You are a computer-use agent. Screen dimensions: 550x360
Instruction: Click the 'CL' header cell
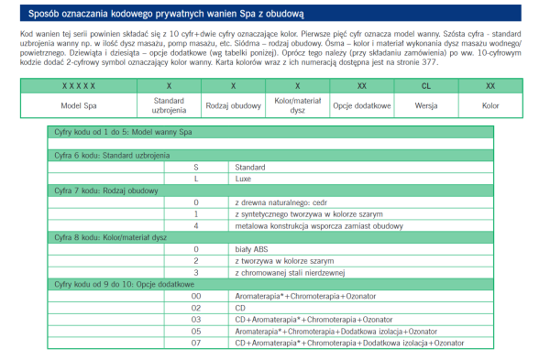point(426,84)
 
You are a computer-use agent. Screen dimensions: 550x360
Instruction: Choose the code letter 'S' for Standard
point(196,168)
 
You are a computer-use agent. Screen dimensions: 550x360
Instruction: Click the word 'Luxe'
point(244,179)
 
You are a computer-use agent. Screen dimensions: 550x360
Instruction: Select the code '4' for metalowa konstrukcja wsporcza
point(196,224)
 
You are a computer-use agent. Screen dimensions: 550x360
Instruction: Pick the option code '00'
point(196,297)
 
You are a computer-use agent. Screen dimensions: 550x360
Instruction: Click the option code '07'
point(196,342)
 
